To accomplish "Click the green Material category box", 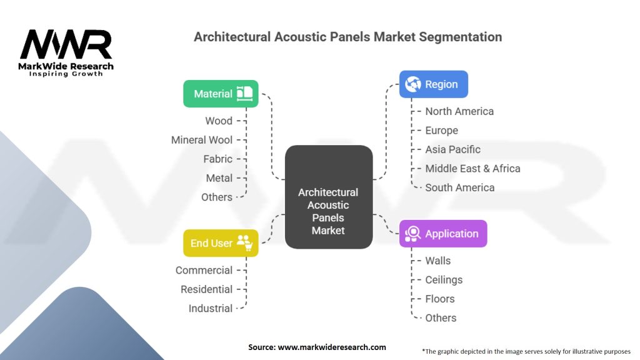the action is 221,94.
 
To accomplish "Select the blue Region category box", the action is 434,84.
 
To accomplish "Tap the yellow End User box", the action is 221,243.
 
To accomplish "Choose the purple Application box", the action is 443,234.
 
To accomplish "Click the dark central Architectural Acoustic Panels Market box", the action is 329,197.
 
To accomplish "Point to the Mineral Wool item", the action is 202,140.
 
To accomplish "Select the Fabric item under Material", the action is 218,159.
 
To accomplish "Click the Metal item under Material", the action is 219,178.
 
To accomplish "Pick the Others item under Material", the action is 217,197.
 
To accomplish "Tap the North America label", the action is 459,111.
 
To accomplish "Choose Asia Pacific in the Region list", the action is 452,149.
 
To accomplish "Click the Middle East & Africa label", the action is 472,169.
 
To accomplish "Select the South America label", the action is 460,187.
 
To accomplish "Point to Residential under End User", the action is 206,289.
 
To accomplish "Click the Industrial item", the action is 211,309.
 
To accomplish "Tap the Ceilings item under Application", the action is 444,280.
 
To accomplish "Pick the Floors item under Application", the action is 440,299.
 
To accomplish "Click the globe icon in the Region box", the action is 413,84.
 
